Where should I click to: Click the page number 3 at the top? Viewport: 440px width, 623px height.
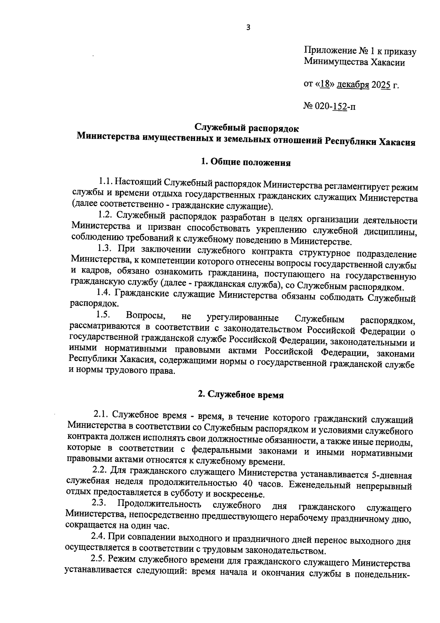pyautogui.click(x=248, y=28)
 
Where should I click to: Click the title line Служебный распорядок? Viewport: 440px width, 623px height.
pyautogui.click(x=246, y=128)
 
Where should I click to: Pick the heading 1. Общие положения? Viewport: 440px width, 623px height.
pyautogui.click(x=246, y=162)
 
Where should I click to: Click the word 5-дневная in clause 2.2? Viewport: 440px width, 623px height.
pyautogui.click(x=391, y=475)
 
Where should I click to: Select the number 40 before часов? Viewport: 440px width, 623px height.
pyautogui.click(x=249, y=484)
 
